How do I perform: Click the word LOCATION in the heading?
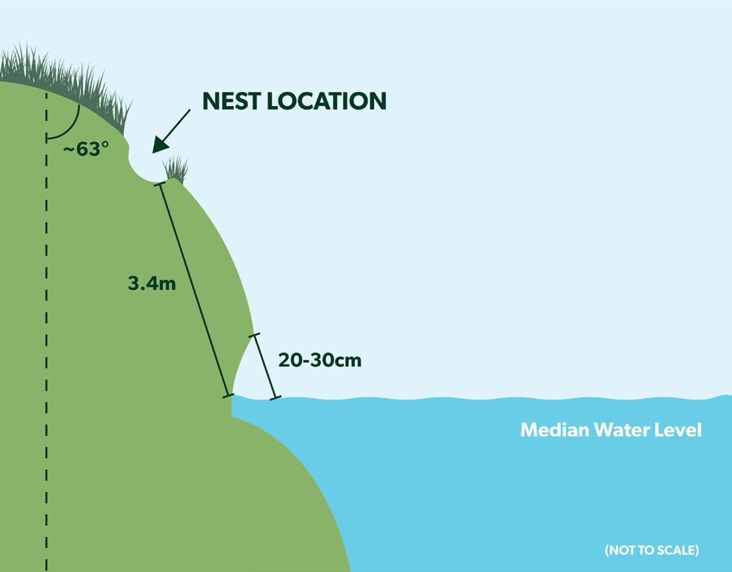point(326,101)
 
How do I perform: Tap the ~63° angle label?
point(85,148)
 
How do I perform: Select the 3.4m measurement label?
point(152,282)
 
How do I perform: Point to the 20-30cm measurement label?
point(320,360)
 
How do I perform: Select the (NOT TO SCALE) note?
point(651,550)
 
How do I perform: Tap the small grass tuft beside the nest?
point(176,170)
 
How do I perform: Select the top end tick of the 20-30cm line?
point(254,336)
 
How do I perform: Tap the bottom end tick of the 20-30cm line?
point(276,399)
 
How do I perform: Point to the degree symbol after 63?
point(105,144)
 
